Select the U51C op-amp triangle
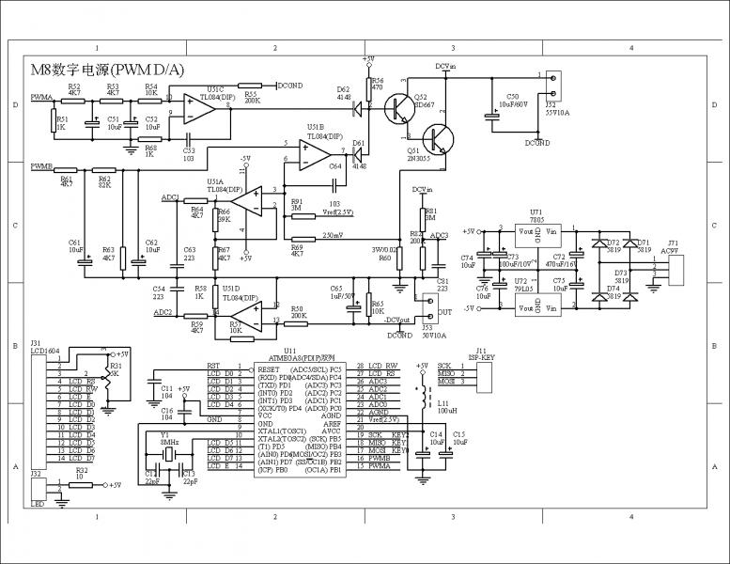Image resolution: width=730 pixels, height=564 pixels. point(198,109)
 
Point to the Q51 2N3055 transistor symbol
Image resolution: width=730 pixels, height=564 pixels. point(437,138)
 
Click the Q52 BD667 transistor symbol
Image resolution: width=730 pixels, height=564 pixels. point(397,108)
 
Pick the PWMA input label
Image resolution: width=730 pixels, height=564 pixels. point(41,97)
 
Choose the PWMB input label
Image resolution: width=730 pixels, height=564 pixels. point(41,166)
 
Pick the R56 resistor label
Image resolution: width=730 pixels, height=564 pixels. point(377,82)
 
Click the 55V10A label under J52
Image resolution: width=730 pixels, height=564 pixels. point(559,110)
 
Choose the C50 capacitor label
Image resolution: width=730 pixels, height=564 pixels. point(512,97)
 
